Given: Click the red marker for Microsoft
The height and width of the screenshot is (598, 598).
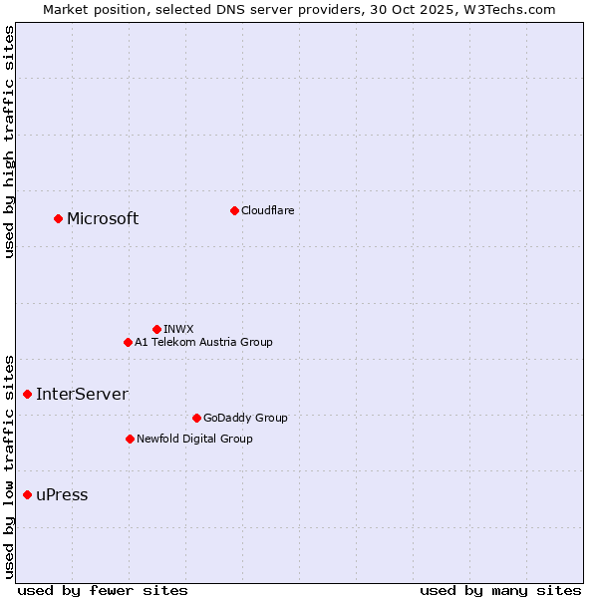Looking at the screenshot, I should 58,218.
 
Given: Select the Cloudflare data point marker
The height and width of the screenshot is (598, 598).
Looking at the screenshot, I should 234,210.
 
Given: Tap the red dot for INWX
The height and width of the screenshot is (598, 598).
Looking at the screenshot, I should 156,329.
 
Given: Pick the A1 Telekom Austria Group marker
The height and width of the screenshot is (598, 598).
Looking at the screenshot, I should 128,342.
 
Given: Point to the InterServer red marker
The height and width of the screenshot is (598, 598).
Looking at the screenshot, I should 27,394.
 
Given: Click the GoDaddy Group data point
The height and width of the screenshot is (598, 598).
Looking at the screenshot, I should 196,418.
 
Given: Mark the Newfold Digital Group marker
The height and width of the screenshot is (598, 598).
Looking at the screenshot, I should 130,439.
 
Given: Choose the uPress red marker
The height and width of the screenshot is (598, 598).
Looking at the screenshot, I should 27,494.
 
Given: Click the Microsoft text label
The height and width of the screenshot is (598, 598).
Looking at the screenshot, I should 103,219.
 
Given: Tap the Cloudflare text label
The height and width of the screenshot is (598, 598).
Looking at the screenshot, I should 267,210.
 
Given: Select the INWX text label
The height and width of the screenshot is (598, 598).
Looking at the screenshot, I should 178,329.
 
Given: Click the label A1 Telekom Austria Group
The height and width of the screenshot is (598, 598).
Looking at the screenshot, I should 203,342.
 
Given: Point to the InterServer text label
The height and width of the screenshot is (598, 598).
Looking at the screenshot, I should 82,395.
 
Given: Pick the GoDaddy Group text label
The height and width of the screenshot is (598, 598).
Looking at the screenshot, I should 245,418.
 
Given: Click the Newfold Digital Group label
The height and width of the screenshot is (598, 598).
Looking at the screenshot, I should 194,439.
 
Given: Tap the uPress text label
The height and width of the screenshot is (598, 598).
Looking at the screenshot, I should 62,495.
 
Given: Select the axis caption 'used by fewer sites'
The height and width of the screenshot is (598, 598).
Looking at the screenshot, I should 103,590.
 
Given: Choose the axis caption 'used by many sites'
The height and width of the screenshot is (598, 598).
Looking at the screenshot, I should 500,590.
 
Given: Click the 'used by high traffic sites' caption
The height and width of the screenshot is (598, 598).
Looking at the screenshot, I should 9,142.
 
